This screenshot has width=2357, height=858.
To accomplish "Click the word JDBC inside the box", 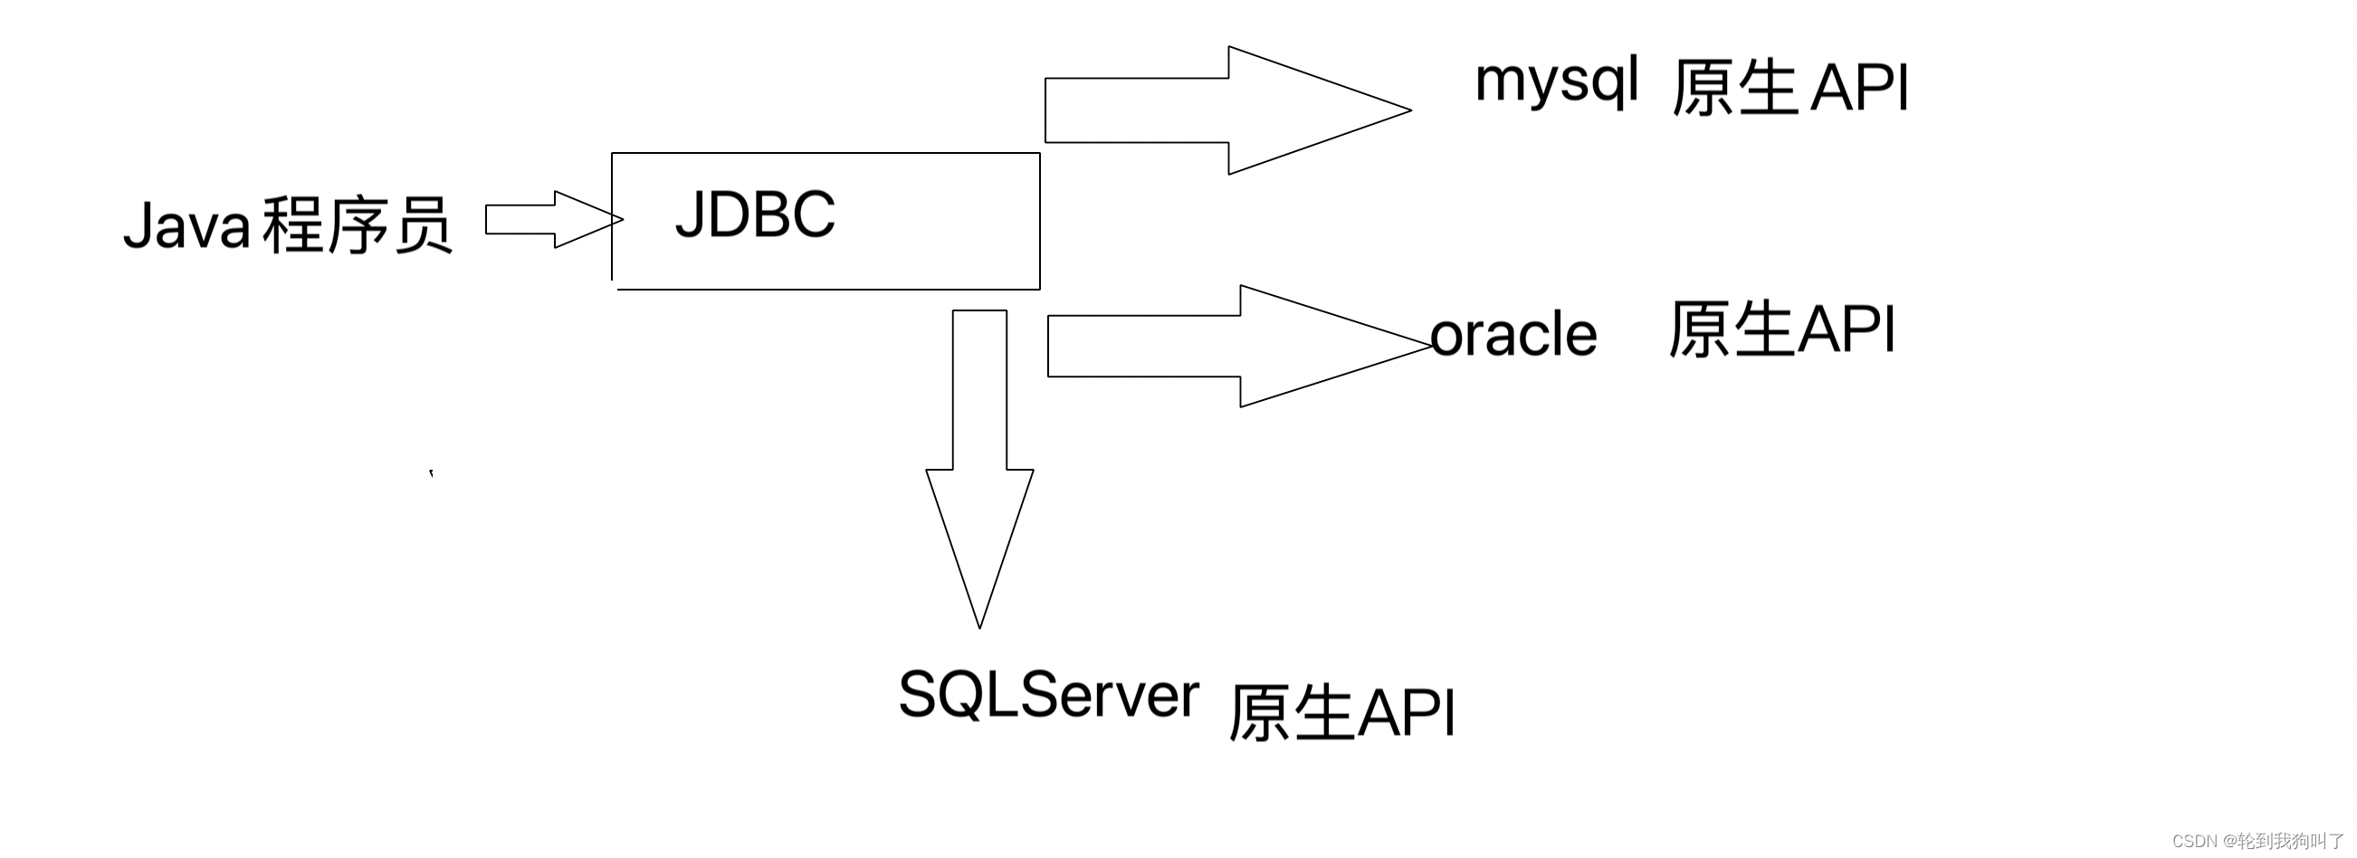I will (755, 215).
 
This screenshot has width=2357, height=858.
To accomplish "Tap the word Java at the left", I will (187, 225).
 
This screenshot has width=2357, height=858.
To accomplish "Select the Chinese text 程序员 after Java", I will (357, 225).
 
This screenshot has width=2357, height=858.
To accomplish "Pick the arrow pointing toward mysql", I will (1226, 110).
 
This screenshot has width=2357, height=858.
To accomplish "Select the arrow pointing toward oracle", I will (1236, 346).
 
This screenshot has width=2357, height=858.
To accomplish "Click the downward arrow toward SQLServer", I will (979, 466).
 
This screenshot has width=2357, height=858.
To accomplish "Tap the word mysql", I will (1556, 81).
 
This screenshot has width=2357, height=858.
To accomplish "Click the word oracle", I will (1513, 335).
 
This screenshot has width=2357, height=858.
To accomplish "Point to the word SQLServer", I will (1048, 695).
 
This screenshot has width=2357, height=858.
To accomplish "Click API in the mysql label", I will (1860, 89).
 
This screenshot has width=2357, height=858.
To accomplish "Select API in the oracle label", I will (1846, 329).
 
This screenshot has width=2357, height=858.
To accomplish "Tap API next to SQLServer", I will (1406, 712).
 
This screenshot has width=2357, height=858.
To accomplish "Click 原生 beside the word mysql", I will (1735, 89).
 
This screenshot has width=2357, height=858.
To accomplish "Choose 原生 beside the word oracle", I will (1731, 329).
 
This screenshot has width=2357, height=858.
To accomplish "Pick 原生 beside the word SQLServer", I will (1290, 712).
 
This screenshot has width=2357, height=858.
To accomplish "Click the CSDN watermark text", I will (2257, 840).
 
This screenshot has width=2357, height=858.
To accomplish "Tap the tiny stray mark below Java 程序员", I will (431, 473).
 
